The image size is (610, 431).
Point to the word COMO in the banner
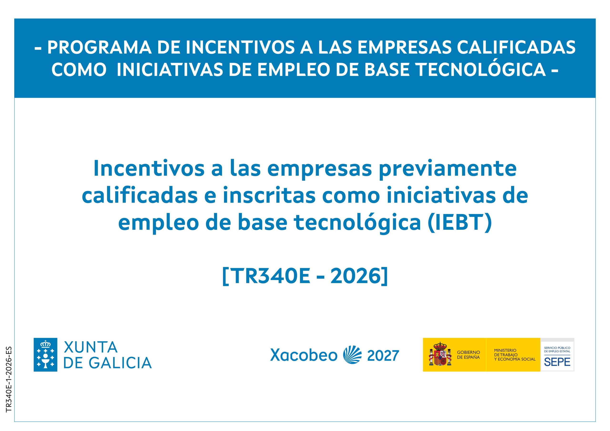point(79,70)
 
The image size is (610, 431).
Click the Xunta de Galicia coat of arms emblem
point(46,355)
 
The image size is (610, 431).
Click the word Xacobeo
point(304,355)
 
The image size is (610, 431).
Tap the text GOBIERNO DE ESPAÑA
point(468,355)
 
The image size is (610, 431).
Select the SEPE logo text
point(557,362)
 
